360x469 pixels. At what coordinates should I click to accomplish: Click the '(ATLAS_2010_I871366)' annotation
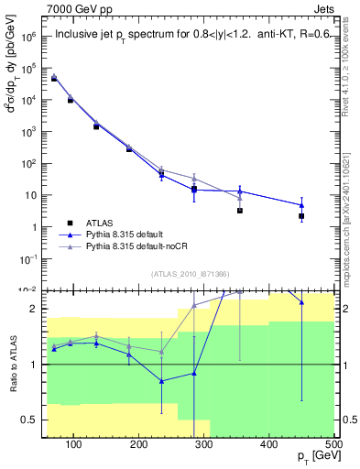point(190,273)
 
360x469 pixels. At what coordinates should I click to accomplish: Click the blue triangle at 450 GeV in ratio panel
point(301,301)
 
